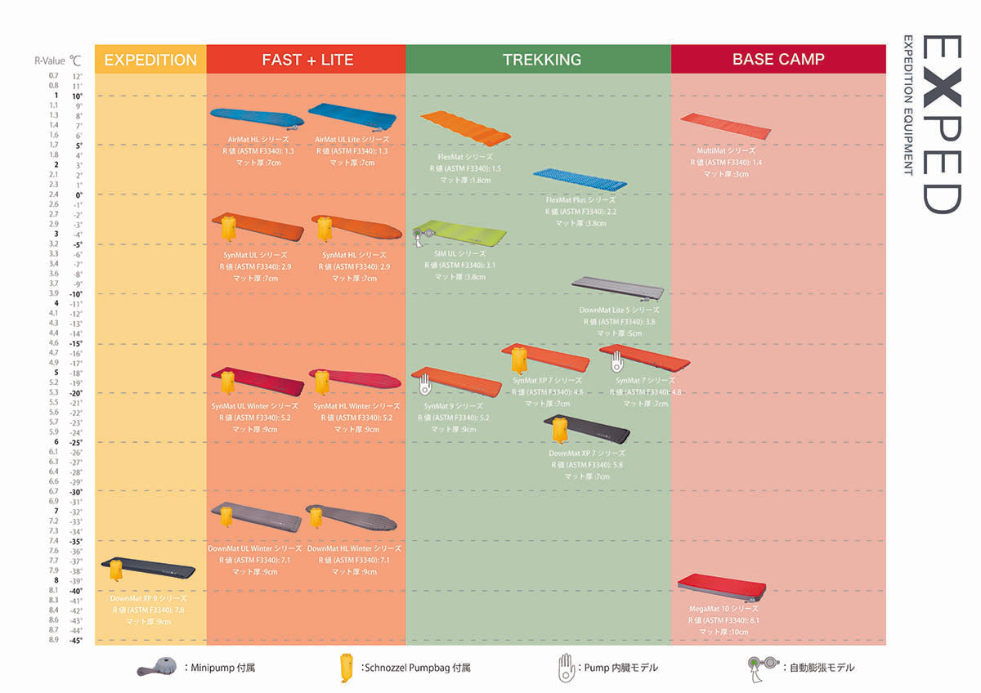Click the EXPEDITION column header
pos(150,60)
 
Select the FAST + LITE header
pos(307,60)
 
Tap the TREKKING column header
pos(542,60)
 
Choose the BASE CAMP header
pos(778,60)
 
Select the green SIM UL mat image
pos(459,234)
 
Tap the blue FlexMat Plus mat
pos(580,179)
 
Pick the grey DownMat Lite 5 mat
pos(618,288)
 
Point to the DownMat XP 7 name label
pos(587,454)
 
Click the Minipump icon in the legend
pos(158,667)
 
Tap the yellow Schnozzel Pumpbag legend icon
pos(347,667)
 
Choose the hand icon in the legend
pos(566,666)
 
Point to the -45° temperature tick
pos(76,640)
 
